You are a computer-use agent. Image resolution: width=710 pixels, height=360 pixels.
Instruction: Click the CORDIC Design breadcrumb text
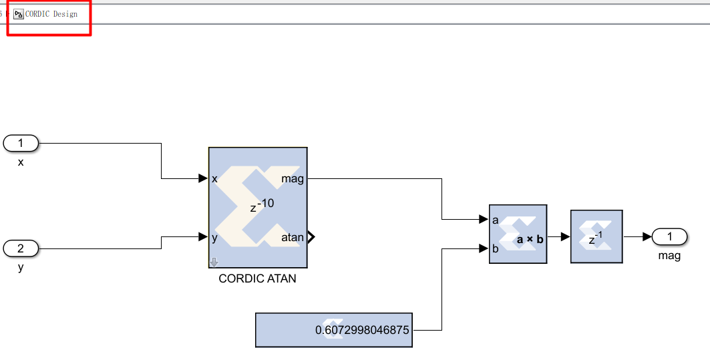51,14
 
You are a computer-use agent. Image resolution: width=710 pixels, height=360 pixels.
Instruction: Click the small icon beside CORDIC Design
18,14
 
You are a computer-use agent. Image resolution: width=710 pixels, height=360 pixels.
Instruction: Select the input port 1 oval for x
21,143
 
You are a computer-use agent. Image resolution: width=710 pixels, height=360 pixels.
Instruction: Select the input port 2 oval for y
21,248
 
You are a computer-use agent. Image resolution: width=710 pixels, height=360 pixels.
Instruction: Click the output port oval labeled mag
670,236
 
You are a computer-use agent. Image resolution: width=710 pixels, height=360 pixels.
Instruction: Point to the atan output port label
293,237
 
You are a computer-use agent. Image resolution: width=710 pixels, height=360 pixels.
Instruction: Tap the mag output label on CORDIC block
293,178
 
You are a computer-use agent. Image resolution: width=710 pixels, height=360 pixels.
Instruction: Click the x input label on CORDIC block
214,179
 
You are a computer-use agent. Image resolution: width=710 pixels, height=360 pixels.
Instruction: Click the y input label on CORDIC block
214,237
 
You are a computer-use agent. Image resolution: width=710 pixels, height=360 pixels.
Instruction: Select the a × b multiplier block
518,234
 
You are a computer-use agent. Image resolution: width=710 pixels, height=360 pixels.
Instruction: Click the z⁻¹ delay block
596,236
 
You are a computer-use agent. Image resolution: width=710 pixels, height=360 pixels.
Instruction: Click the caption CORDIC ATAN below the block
257,279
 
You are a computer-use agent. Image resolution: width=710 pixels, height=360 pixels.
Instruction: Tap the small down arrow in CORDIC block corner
214,262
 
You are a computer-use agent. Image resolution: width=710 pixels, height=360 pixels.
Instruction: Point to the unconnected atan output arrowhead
311,237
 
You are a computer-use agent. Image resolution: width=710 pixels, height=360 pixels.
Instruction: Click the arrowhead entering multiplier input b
484,248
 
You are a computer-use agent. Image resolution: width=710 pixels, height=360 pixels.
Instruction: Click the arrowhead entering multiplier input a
484,219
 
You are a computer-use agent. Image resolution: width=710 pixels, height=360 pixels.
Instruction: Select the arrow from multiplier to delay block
561,236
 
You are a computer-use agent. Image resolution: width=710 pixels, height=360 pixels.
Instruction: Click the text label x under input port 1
21,162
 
